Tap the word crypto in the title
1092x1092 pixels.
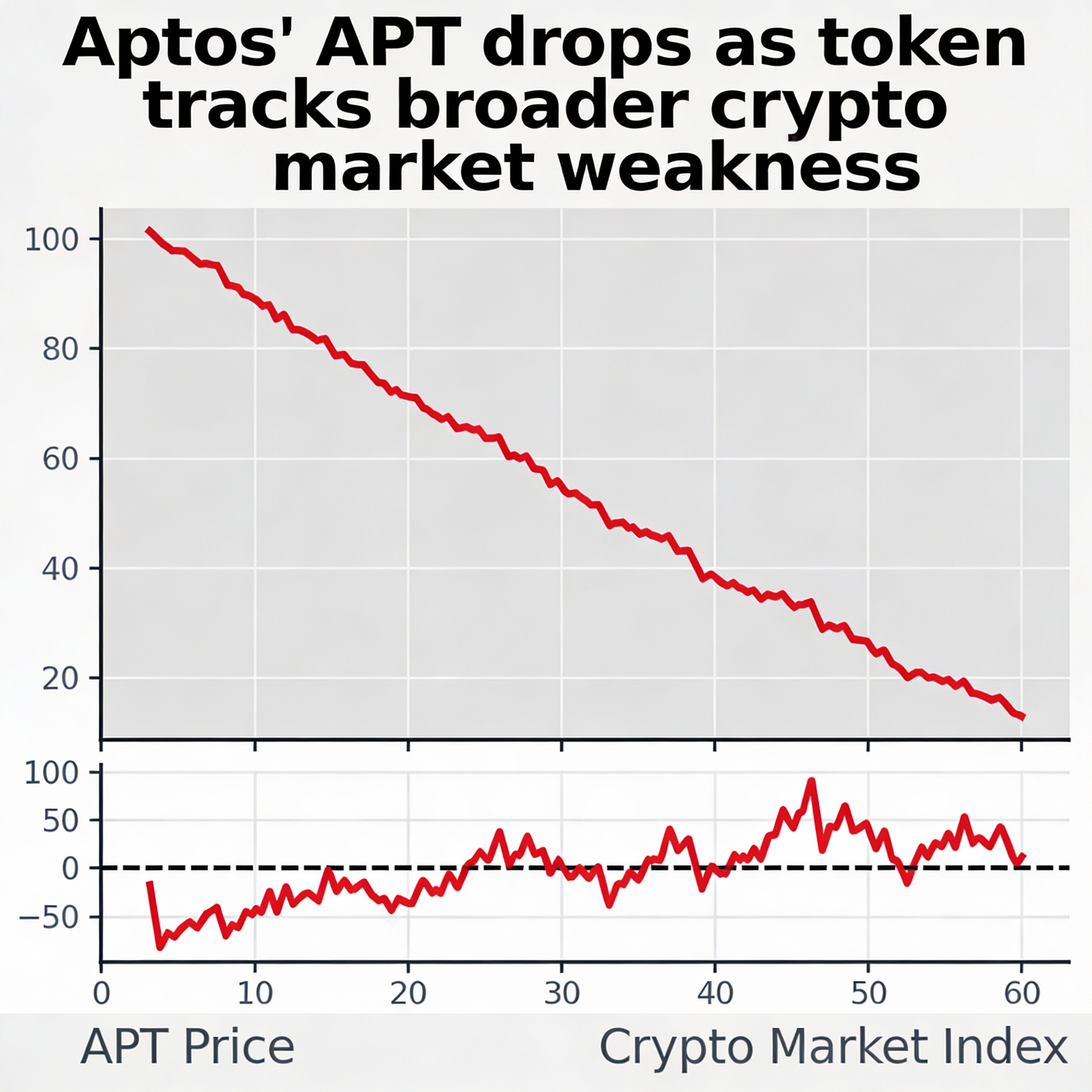click(x=828, y=106)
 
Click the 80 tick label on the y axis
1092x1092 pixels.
click(x=60, y=350)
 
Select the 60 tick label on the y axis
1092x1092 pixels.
click(x=60, y=460)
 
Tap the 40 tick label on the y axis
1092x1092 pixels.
click(x=60, y=569)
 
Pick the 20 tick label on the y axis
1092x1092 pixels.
click(x=60, y=679)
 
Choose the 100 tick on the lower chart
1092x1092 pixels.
click(x=51, y=773)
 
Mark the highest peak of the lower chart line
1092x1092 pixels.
click(x=812, y=781)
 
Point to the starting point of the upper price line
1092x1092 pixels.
click(x=148, y=229)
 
